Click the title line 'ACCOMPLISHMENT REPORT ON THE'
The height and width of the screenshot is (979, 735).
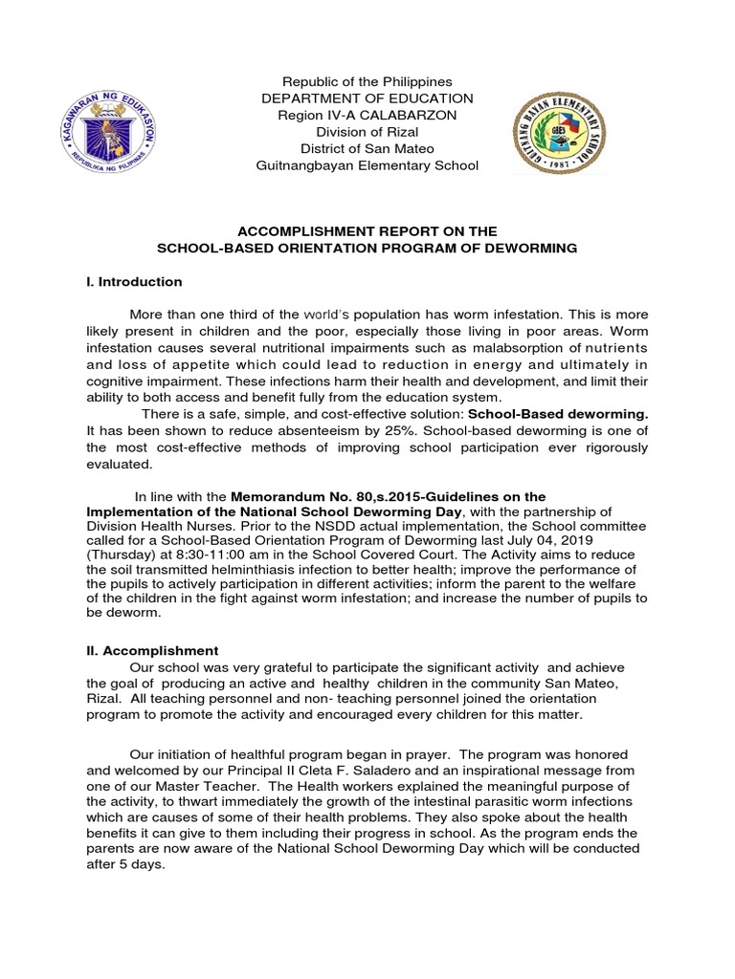pos(367,231)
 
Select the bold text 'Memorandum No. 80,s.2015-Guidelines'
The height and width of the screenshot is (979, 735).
pos(390,496)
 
